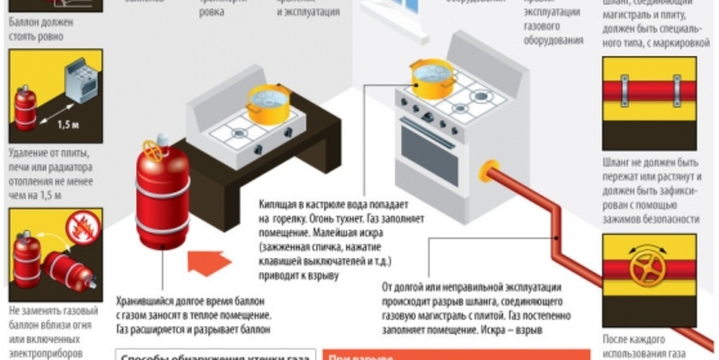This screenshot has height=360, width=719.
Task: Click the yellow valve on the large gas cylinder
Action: (153, 149)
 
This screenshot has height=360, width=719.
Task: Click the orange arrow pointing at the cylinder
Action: (208, 263)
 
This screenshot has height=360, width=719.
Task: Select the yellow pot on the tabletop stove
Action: (268, 104)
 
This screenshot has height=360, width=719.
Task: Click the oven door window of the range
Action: (429, 155)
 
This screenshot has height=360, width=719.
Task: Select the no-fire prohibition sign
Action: (80, 228)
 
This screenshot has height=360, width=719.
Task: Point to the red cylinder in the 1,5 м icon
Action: (26, 109)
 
